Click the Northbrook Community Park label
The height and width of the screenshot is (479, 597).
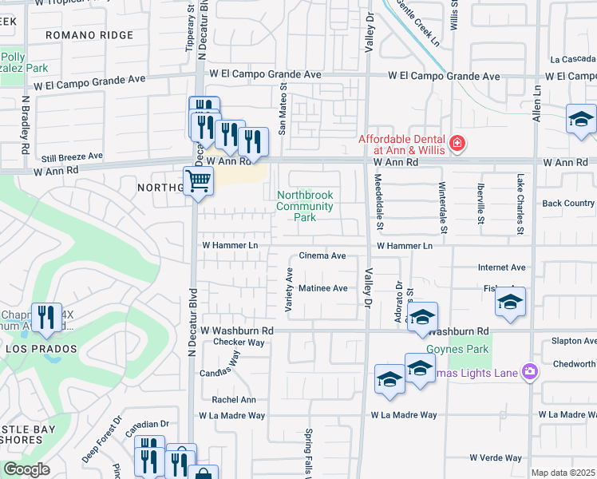(304, 206)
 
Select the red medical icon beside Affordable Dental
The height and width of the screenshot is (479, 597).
(457, 144)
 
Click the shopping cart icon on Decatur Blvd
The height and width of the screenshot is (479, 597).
(198, 180)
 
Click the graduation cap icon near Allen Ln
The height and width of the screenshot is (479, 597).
(581, 121)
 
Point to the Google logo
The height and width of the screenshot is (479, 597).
(26, 469)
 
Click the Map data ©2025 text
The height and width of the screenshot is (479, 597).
(563, 473)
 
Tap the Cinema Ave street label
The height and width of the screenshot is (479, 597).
(322, 256)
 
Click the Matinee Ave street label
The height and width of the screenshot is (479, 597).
(322, 288)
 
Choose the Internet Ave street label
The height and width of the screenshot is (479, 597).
(501, 267)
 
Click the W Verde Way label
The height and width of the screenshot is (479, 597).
(495, 458)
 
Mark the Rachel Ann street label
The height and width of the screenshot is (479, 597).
(234, 400)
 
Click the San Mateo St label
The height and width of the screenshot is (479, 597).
(282, 110)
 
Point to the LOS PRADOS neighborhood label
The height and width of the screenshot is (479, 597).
(41, 350)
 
